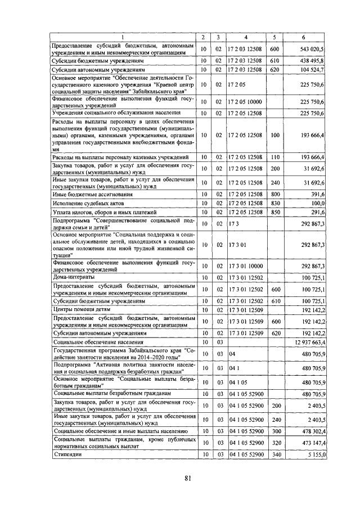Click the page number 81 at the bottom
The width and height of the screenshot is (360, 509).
tap(187, 479)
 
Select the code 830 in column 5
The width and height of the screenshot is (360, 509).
tap(274, 202)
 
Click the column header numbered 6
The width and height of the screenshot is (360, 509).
tap(303, 37)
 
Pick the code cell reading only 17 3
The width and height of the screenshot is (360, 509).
tap(234, 224)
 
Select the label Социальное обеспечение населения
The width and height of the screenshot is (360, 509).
tap(98, 341)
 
